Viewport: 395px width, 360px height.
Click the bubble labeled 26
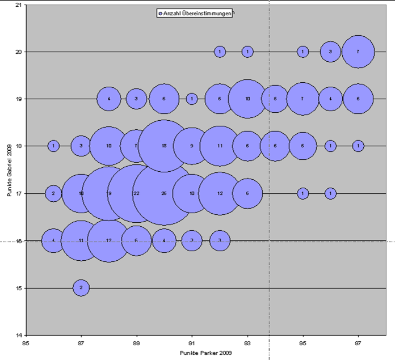click(x=164, y=193)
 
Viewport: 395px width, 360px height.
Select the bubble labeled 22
click(x=136, y=193)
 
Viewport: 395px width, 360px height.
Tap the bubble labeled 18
click(x=164, y=146)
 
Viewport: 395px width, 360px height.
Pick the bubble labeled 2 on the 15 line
click(x=81, y=288)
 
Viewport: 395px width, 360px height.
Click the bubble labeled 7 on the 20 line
click(x=358, y=52)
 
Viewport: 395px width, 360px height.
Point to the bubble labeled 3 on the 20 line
click(x=330, y=52)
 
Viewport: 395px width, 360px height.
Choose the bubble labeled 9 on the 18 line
click(x=192, y=146)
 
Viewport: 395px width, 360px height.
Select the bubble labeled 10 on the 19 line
click(x=247, y=99)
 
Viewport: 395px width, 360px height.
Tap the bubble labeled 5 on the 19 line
click(x=275, y=99)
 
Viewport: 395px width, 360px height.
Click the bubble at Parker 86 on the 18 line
click(x=53, y=146)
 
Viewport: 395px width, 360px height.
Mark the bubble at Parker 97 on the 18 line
click(x=358, y=146)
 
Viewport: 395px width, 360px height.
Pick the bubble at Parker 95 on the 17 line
click(x=303, y=193)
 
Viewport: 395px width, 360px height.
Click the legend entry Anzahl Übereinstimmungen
click(x=196, y=13)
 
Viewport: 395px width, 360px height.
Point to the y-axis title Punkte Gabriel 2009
click(x=10, y=170)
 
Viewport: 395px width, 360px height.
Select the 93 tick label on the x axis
click(x=247, y=343)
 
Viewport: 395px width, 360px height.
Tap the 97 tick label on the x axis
click(x=358, y=343)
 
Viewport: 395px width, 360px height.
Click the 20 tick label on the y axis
click(x=18, y=52)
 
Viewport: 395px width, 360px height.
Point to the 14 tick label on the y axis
click(x=18, y=335)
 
